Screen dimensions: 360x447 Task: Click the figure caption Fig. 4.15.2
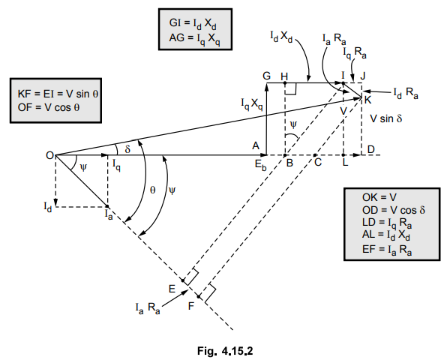[223, 347]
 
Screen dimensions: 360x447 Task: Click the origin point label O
[49, 155]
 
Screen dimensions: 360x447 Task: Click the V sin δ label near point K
[386, 118]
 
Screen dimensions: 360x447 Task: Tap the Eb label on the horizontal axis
[261, 165]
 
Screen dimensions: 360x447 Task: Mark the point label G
[265, 76]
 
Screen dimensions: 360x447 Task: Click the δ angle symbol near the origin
[128, 149]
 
